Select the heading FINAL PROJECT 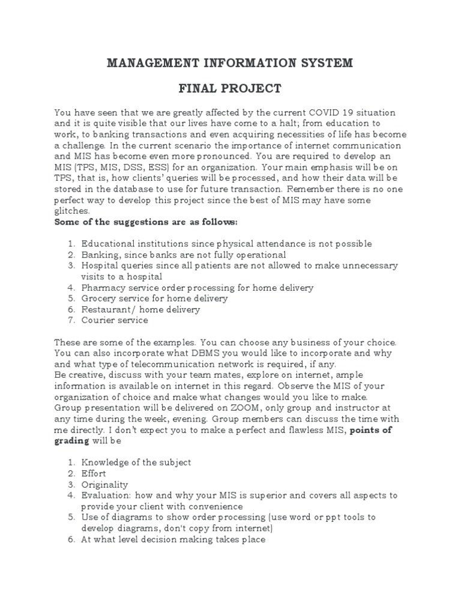pyautogui.click(x=230, y=89)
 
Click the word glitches pyautogui.click(x=71, y=211)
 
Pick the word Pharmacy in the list pyautogui.click(x=101, y=288)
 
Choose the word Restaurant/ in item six pyautogui.click(x=108, y=309)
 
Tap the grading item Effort pyautogui.click(x=94, y=473)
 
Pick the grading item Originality pyautogui.click(x=104, y=484)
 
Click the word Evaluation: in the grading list pyautogui.click(x=106, y=495)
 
